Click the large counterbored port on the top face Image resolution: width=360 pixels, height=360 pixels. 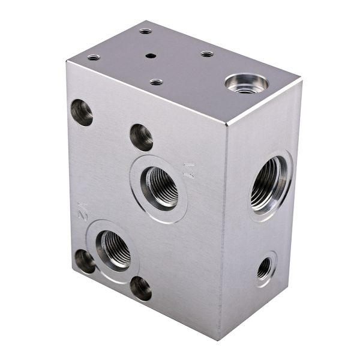[x=246, y=84]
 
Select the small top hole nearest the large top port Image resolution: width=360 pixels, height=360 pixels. [x=207, y=54]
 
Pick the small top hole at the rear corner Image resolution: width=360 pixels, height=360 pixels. [x=146, y=31]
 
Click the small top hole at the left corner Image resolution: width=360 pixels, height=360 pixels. [x=94, y=58]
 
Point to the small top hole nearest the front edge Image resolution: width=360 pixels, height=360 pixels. [x=156, y=82]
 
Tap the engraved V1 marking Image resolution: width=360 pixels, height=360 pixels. [x=190, y=170]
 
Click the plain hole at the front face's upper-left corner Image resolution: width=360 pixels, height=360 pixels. [x=82, y=112]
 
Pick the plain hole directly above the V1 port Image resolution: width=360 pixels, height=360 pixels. [x=141, y=137]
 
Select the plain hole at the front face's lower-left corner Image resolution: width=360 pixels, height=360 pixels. [x=84, y=261]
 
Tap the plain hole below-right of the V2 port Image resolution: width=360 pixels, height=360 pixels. [x=141, y=288]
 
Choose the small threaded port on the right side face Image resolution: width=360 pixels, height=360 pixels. [x=265, y=268]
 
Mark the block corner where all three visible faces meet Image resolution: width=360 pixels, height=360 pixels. [x=227, y=124]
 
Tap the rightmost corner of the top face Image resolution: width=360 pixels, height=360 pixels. [x=299, y=81]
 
